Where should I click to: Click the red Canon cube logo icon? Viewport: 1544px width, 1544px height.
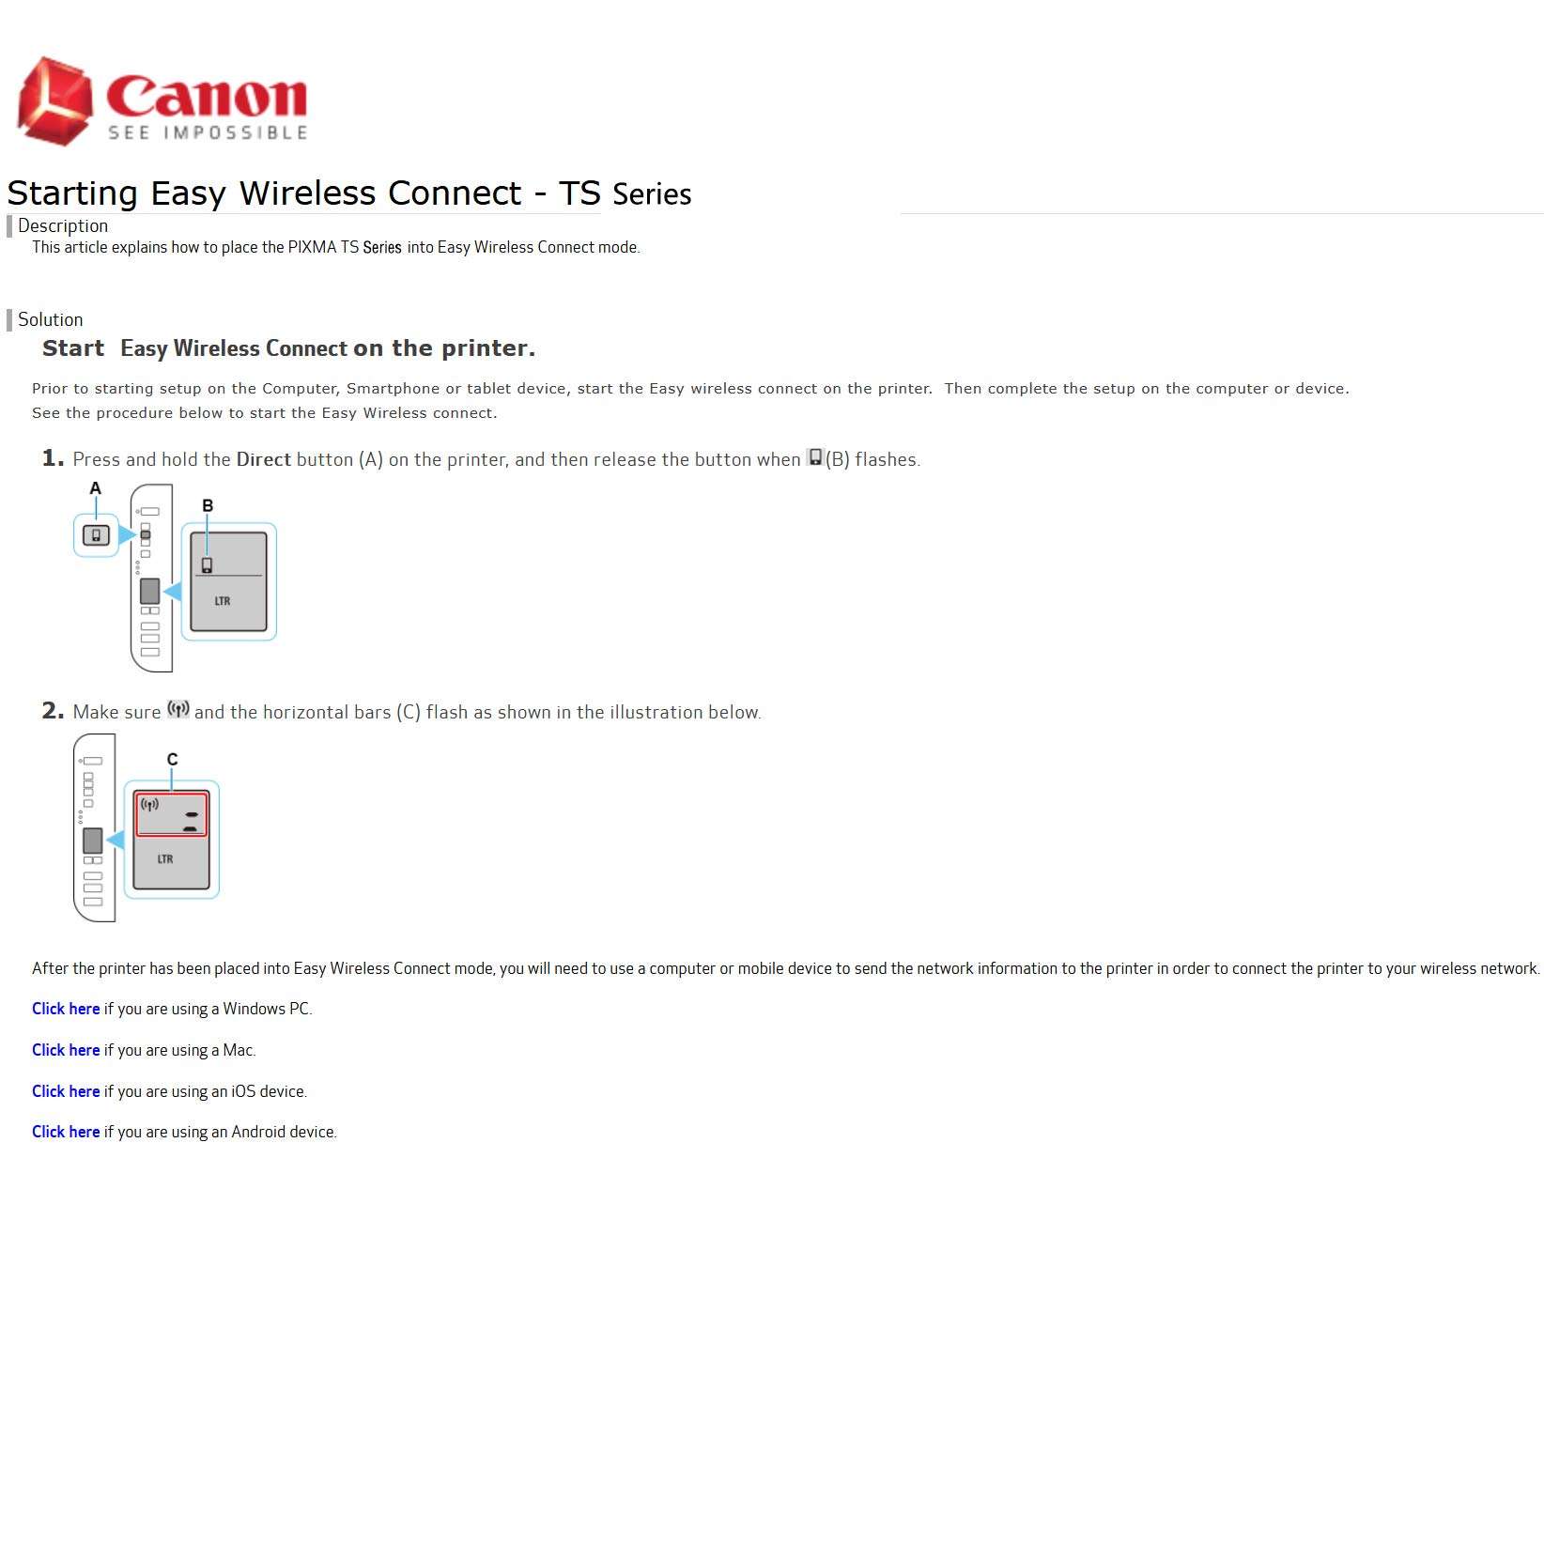(54, 101)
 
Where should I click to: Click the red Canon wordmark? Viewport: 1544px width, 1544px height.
(208, 97)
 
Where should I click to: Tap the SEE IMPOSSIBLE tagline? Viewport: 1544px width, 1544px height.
(208, 132)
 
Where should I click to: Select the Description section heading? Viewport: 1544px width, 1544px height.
(63, 225)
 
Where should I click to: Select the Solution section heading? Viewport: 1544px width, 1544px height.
(51, 319)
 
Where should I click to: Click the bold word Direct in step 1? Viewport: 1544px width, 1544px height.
(263, 459)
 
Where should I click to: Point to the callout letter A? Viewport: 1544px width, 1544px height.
(95, 488)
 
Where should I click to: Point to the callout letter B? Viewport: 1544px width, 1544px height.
(208, 505)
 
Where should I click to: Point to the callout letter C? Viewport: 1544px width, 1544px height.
(172, 759)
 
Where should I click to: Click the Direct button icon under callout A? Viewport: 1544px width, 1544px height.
(96, 535)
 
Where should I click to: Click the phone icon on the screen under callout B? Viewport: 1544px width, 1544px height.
(207, 565)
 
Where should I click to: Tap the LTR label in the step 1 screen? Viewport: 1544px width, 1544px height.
(223, 601)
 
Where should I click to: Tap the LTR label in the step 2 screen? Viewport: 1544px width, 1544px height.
(165, 858)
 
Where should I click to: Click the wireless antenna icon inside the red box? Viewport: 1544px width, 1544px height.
(149, 804)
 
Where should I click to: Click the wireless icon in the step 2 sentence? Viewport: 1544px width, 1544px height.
(178, 710)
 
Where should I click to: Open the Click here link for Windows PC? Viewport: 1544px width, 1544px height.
(66, 1009)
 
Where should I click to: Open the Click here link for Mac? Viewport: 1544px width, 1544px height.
(66, 1050)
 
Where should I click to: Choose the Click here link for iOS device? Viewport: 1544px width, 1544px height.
(66, 1091)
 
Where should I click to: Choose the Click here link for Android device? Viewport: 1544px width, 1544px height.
(66, 1132)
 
